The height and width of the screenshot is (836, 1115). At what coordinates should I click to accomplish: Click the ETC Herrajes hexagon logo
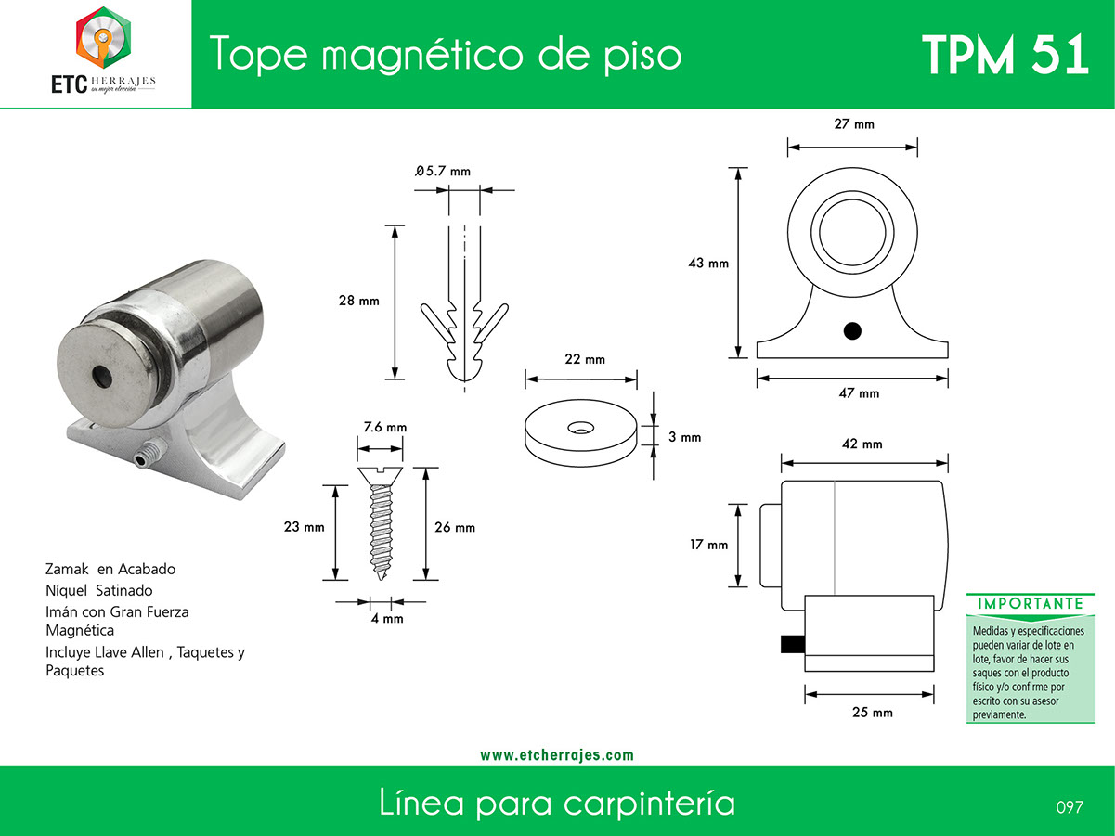pyautogui.click(x=103, y=37)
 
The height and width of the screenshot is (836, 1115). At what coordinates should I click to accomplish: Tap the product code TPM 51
pyautogui.click(x=1005, y=55)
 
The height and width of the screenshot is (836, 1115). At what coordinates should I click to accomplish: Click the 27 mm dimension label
pyautogui.click(x=854, y=123)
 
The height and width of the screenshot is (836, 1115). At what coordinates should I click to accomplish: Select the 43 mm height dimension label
pyautogui.click(x=708, y=263)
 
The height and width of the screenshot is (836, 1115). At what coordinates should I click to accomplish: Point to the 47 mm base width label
pyautogui.click(x=859, y=392)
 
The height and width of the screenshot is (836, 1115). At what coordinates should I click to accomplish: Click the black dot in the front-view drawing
pyautogui.click(x=852, y=331)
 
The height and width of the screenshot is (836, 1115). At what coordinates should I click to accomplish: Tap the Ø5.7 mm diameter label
pyautogui.click(x=443, y=171)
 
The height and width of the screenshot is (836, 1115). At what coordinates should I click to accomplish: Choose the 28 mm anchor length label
pyautogui.click(x=358, y=301)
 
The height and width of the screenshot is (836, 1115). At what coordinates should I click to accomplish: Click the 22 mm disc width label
pyautogui.click(x=585, y=359)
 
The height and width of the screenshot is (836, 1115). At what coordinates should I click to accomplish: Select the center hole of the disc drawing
pyautogui.click(x=580, y=428)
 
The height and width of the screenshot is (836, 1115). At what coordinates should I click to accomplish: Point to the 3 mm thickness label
pyautogui.click(x=684, y=437)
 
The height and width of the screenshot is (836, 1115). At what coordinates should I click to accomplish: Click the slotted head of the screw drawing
pyautogui.click(x=380, y=476)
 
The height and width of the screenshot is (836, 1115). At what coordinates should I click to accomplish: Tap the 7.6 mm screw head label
pyautogui.click(x=385, y=428)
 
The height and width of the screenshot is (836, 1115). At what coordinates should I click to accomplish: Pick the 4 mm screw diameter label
pyautogui.click(x=387, y=618)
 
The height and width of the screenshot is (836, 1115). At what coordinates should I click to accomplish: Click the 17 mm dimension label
pyautogui.click(x=708, y=545)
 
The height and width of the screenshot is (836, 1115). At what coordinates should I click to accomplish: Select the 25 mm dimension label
pyautogui.click(x=872, y=713)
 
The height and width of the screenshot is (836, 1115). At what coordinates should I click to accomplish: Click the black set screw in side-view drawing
pyautogui.click(x=793, y=644)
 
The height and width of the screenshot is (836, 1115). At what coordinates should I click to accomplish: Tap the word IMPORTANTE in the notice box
pyautogui.click(x=1031, y=603)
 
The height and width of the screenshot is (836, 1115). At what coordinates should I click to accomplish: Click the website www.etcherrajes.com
pyautogui.click(x=557, y=755)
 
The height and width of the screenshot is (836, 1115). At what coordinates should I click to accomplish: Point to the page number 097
pyautogui.click(x=1070, y=807)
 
